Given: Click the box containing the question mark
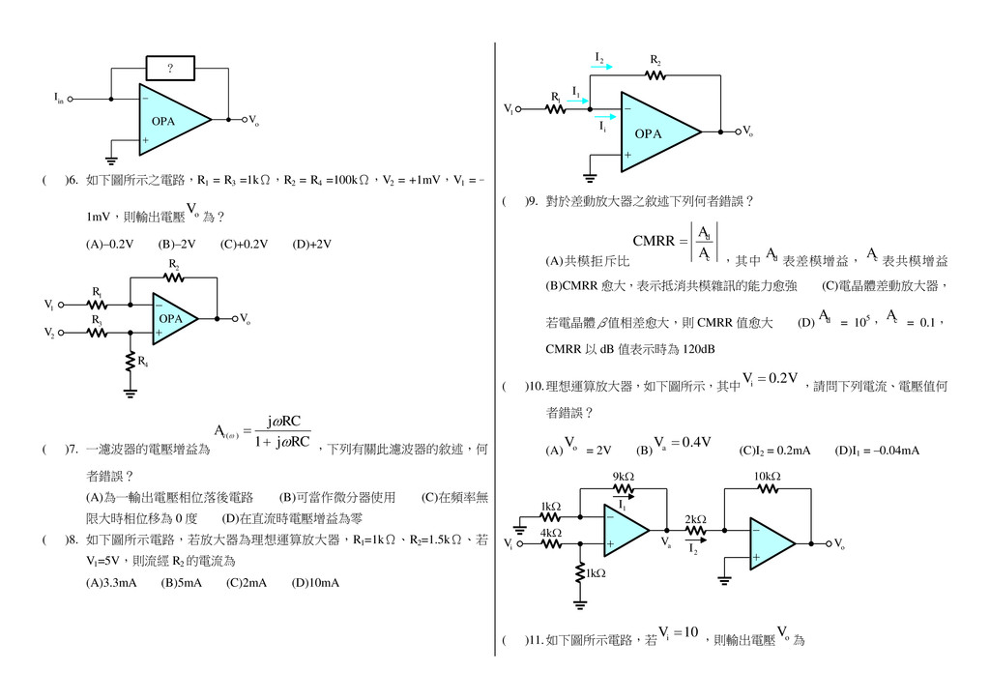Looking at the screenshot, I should coord(170,69).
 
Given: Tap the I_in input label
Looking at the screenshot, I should coord(59,98).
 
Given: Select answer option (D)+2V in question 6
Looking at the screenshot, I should coord(311,245).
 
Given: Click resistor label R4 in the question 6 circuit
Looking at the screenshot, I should coord(143,363).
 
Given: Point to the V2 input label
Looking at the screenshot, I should coord(49,333).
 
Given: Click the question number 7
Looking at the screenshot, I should coord(71,450).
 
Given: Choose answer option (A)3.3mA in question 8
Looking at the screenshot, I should coord(111,583).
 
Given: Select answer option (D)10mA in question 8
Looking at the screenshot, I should coord(317,583).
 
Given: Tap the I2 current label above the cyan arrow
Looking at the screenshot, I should coord(599,58).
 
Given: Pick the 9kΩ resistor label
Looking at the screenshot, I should coord(623,477).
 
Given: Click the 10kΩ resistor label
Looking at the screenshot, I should coord(768,477).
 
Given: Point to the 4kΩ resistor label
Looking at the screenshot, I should coord(550,533).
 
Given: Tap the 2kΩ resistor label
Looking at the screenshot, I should coord(695,519).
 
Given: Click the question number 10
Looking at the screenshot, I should coord(535,387).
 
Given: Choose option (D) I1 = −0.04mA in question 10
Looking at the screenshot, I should coord(877,451).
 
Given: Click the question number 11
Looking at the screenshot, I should coord(535,640).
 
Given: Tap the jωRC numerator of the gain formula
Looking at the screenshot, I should coord(283,422).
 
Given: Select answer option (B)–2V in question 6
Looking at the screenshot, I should coord(177,245).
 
